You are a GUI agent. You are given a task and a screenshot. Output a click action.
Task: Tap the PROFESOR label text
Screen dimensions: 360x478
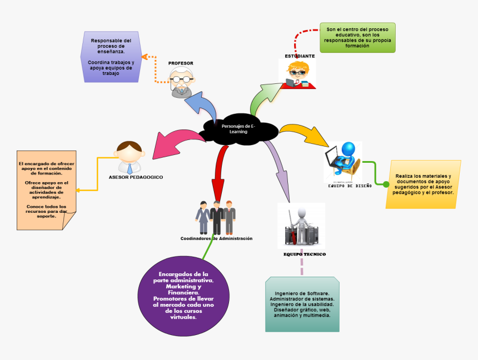coord(181,63)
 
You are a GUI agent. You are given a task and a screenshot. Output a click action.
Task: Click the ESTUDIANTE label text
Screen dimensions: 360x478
coord(300,56)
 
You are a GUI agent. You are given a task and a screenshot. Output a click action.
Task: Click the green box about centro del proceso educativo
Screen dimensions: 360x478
coord(357,38)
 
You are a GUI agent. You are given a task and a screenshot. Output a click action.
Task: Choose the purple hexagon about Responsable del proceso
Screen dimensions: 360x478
coord(111,57)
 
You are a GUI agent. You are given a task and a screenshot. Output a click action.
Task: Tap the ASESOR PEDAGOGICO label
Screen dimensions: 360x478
coord(136,177)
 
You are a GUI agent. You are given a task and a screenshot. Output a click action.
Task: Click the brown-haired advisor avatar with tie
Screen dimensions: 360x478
coord(130,158)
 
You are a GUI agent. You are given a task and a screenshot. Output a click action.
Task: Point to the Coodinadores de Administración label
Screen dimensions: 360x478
coord(216,238)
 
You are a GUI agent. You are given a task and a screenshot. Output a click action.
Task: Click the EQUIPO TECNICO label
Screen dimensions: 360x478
coord(305,254)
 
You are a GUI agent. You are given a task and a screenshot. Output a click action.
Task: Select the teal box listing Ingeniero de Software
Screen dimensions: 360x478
coord(302,304)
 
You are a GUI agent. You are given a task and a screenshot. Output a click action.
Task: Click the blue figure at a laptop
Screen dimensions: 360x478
coord(343,161)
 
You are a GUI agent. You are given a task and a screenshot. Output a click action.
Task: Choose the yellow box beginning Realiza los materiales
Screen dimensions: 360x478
coord(424,184)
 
